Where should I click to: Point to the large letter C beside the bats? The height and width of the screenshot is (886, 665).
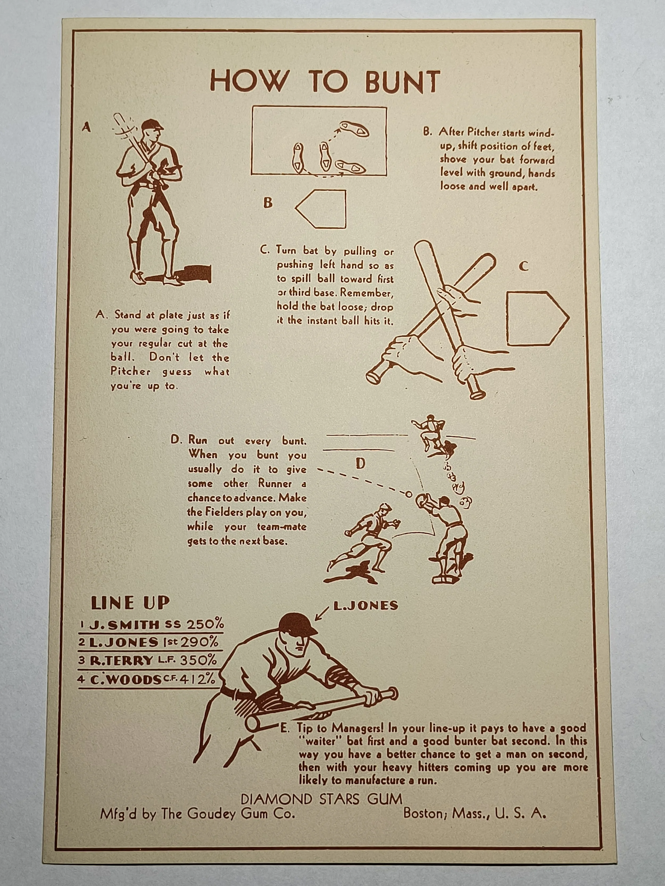523,266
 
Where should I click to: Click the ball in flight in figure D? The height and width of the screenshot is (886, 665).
409,494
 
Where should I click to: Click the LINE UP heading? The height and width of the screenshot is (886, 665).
130,603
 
